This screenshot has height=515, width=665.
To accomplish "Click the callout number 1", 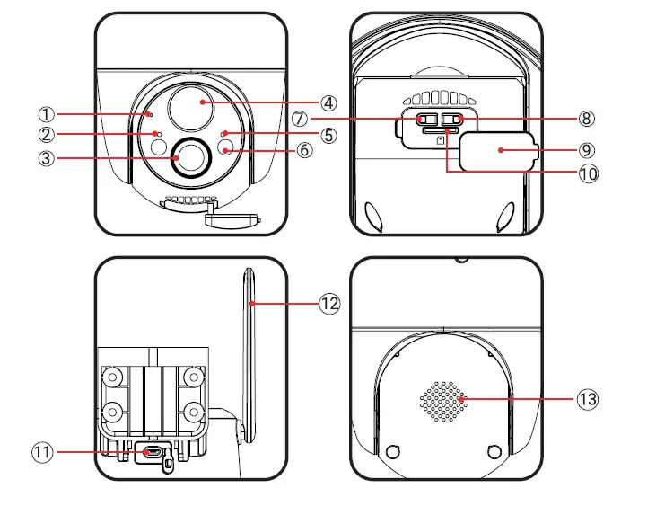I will coord(47,114).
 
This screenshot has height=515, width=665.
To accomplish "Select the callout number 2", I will coord(47,135).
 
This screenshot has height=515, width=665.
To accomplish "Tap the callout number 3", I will coord(47,159).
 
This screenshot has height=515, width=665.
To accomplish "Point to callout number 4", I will coord(328,102).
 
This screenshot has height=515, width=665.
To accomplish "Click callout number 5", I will coord(328,135).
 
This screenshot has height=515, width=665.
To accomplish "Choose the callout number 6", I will coord(304,150).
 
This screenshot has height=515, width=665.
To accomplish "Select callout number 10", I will coord(588,173).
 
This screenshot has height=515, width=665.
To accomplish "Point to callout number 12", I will coord(329,303).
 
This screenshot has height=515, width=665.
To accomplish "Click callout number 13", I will coord(589,399).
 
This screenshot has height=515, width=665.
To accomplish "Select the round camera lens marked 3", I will coord(190,157).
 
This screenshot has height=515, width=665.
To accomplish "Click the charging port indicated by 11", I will coord(153,452).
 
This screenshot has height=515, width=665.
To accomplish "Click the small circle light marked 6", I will coord(226,148).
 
